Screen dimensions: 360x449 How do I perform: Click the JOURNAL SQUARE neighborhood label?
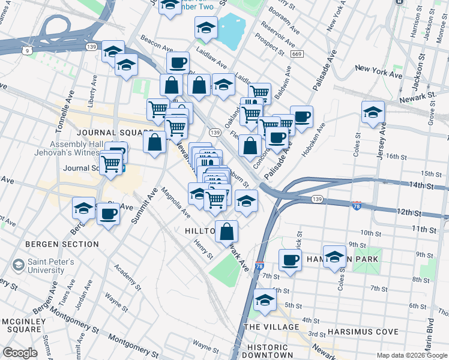pyautogui.click(x=115, y=133)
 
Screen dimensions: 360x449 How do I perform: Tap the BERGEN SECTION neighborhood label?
pyautogui.click(x=62, y=244)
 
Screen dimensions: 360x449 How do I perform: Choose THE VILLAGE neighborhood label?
pyautogui.click(x=271, y=326)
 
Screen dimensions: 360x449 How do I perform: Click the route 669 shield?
pyautogui.click(x=296, y=54)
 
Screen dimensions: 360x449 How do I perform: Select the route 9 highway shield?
pyautogui.click(x=28, y=51)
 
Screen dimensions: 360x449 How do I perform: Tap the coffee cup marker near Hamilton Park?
pyautogui.click(x=290, y=261)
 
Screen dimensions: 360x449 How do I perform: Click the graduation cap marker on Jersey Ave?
pyautogui.click(x=373, y=112)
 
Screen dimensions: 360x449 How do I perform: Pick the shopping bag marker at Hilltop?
pyautogui.click(x=227, y=232)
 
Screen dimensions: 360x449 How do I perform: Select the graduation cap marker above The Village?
pyautogui.click(x=264, y=299)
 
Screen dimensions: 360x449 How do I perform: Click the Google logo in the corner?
pyautogui.click(x=20, y=353)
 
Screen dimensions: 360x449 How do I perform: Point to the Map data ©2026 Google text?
pyautogui.click(x=412, y=355)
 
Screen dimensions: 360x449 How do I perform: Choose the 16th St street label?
pyautogui.click(x=397, y=156)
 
